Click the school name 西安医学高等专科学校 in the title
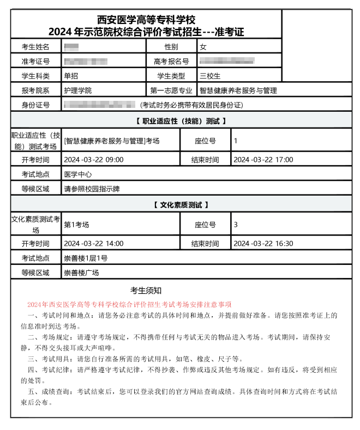point(146,20)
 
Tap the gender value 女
point(203,47)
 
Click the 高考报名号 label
point(171,62)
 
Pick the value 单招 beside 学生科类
point(71,76)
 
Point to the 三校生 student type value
point(210,76)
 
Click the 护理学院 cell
point(77,90)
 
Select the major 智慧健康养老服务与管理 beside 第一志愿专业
point(238,90)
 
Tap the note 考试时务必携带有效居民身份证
point(191,105)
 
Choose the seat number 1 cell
point(236,141)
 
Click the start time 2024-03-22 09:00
point(93,160)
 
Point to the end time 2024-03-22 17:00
point(263,160)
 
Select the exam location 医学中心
point(77,174)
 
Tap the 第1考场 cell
point(76,224)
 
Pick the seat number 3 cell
point(236,224)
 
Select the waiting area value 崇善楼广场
point(81,272)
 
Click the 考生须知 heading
point(146,290)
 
